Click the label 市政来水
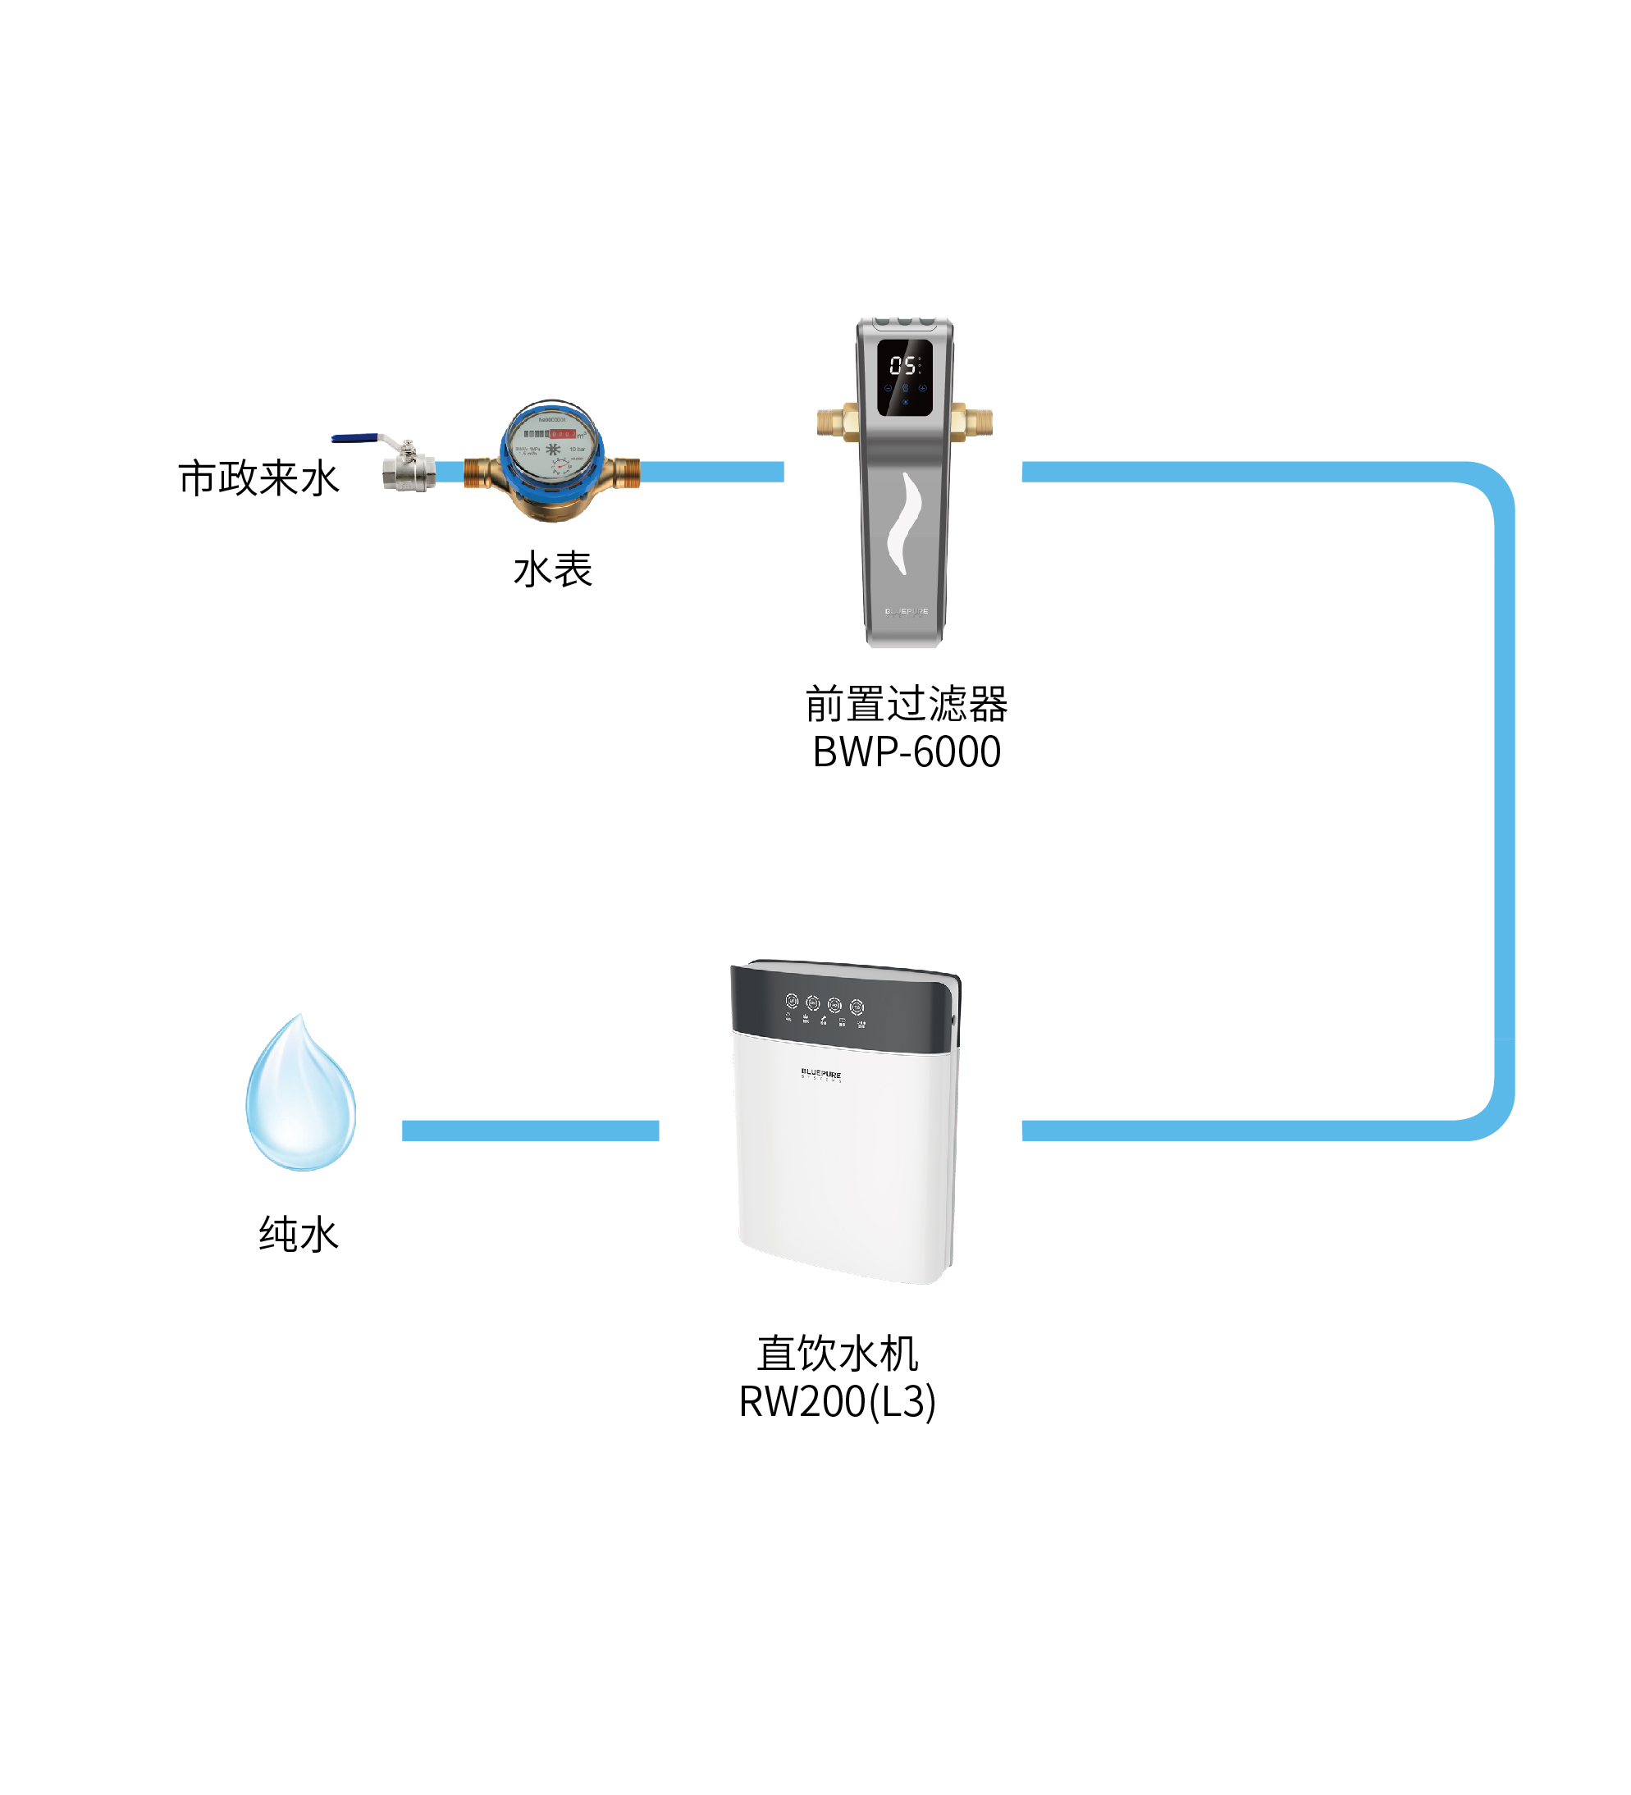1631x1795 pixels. click(258, 478)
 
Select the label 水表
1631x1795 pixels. click(553, 569)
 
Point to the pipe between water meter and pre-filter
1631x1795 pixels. click(712, 472)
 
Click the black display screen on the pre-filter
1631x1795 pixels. click(905, 377)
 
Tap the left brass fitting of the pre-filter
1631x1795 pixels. click(838, 422)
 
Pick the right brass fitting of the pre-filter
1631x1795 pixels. click(972, 421)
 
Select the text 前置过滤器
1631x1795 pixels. click(907, 704)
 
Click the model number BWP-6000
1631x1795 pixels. click(907, 752)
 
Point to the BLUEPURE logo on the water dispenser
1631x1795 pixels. click(821, 1074)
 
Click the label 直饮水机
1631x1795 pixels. click(837, 1354)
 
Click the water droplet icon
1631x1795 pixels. click(301, 1097)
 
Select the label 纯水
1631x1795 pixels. click(299, 1235)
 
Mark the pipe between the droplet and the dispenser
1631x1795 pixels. click(530, 1130)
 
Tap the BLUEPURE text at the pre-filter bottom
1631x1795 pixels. click(906, 612)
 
